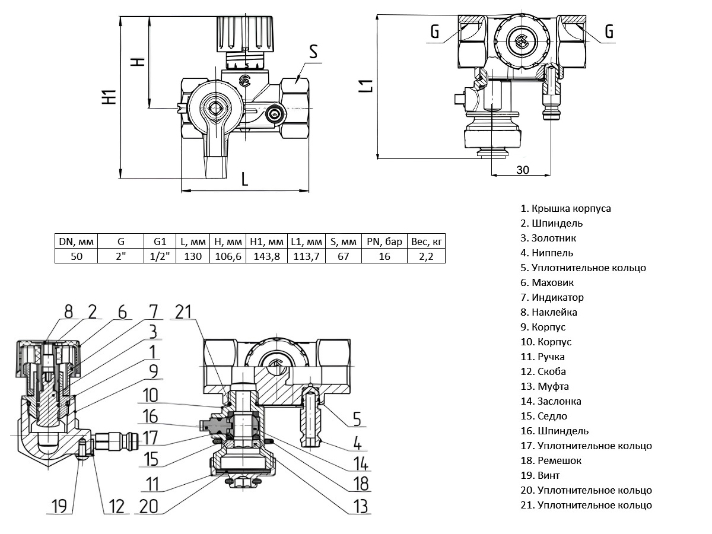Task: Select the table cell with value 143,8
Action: pyautogui.click(x=266, y=256)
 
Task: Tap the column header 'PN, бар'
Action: pyautogui.click(x=384, y=241)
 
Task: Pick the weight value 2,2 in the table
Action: pyautogui.click(x=426, y=256)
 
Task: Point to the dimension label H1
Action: pyautogui.click(x=108, y=97)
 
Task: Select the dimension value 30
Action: pyautogui.click(x=522, y=170)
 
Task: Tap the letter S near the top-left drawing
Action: pyautogui.click(x=313, y=52)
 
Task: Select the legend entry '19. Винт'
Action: pyautogui.click(x=540, y=476)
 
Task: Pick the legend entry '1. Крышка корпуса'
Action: pyautogui.click(x=565, y=209)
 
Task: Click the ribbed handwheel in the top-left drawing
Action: pyautogui.click(x=244, y=34)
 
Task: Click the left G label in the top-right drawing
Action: pyautogui.click(x=435, y=32)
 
